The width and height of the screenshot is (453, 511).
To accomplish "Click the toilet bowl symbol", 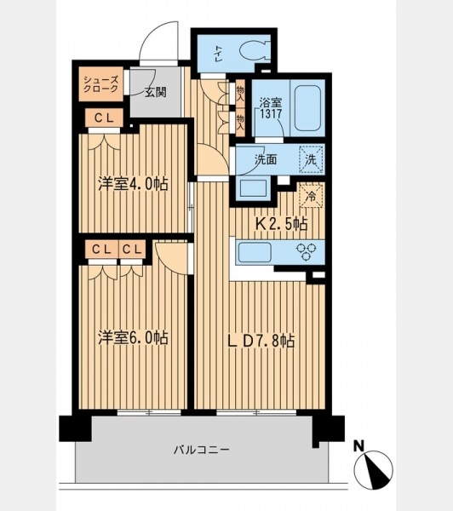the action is coord(255,50).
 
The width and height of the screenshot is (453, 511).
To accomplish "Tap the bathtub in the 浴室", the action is coord(307,108).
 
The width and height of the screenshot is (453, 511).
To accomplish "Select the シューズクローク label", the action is coord(100,84).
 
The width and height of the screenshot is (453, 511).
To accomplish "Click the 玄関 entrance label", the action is coord(156,92).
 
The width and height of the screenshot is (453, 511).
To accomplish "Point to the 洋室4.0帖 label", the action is coord(134,184).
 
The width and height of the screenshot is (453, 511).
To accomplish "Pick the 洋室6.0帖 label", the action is coord(134,337).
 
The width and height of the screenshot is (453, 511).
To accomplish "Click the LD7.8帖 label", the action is coord(261,341).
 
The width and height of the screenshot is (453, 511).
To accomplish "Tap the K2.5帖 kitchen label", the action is coord(281,224).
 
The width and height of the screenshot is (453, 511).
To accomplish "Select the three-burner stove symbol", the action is coord(306,252).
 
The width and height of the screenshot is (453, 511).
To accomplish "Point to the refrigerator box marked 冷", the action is coord(311,196).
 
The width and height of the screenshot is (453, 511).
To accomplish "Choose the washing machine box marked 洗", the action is coord(311,160).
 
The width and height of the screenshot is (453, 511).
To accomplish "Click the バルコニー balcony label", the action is coord(202,450).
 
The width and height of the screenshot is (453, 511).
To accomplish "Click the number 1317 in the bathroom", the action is coord(271,114).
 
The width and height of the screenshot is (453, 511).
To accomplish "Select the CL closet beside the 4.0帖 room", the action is coord(104,118).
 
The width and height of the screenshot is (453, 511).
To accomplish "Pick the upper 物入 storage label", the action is coord(240,93).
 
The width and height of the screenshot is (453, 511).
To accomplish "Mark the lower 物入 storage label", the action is coord(240,122).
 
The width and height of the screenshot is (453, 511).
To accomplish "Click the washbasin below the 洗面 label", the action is coord(255,187).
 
